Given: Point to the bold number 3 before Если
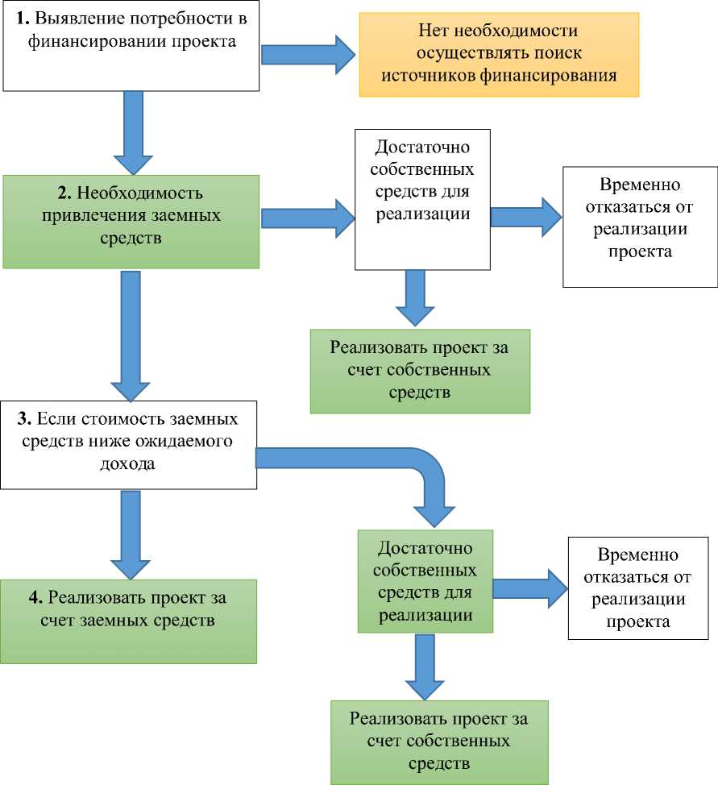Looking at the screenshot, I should click(23, 420).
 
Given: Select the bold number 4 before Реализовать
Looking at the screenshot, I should click(34, 599).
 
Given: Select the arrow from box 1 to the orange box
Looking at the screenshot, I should click(307, 54).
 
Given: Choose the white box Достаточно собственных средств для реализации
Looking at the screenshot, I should click(423, 198).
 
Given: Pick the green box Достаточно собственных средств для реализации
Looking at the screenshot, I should click(425, 580).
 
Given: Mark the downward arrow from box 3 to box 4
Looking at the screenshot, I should click(129, 532).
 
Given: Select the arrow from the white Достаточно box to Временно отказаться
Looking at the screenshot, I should click(526, 217).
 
